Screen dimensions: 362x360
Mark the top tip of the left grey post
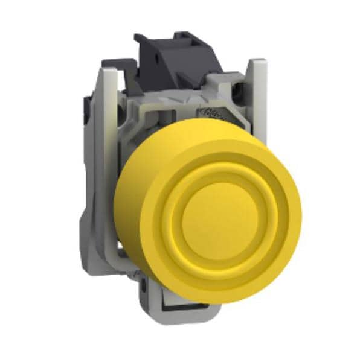(x=109, y=71)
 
